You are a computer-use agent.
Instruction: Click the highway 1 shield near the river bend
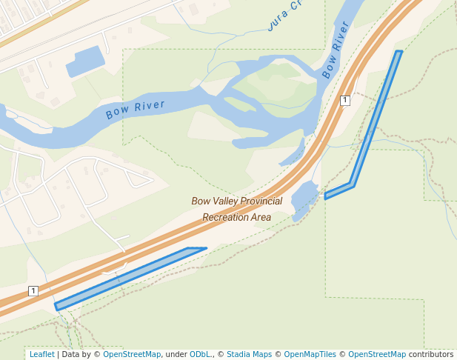(344, 100)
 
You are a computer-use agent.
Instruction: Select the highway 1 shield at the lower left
(33, 290)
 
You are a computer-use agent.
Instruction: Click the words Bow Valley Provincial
(236, 201)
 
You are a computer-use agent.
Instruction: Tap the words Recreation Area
(236, 218)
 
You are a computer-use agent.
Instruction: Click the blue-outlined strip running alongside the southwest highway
(130, 276)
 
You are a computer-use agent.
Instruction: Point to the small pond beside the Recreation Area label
(304, 198)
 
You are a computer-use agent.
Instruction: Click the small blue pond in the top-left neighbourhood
(86, 61)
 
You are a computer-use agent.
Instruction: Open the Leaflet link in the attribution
(41, 354)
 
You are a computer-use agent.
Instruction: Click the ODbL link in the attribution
(200, 354)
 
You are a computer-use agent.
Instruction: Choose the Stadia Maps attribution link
(249, 354)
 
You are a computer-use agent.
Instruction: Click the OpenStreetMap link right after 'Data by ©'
(131, 354)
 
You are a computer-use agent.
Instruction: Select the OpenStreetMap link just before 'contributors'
(377, 354)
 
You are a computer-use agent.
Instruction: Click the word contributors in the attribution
(430, 354)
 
